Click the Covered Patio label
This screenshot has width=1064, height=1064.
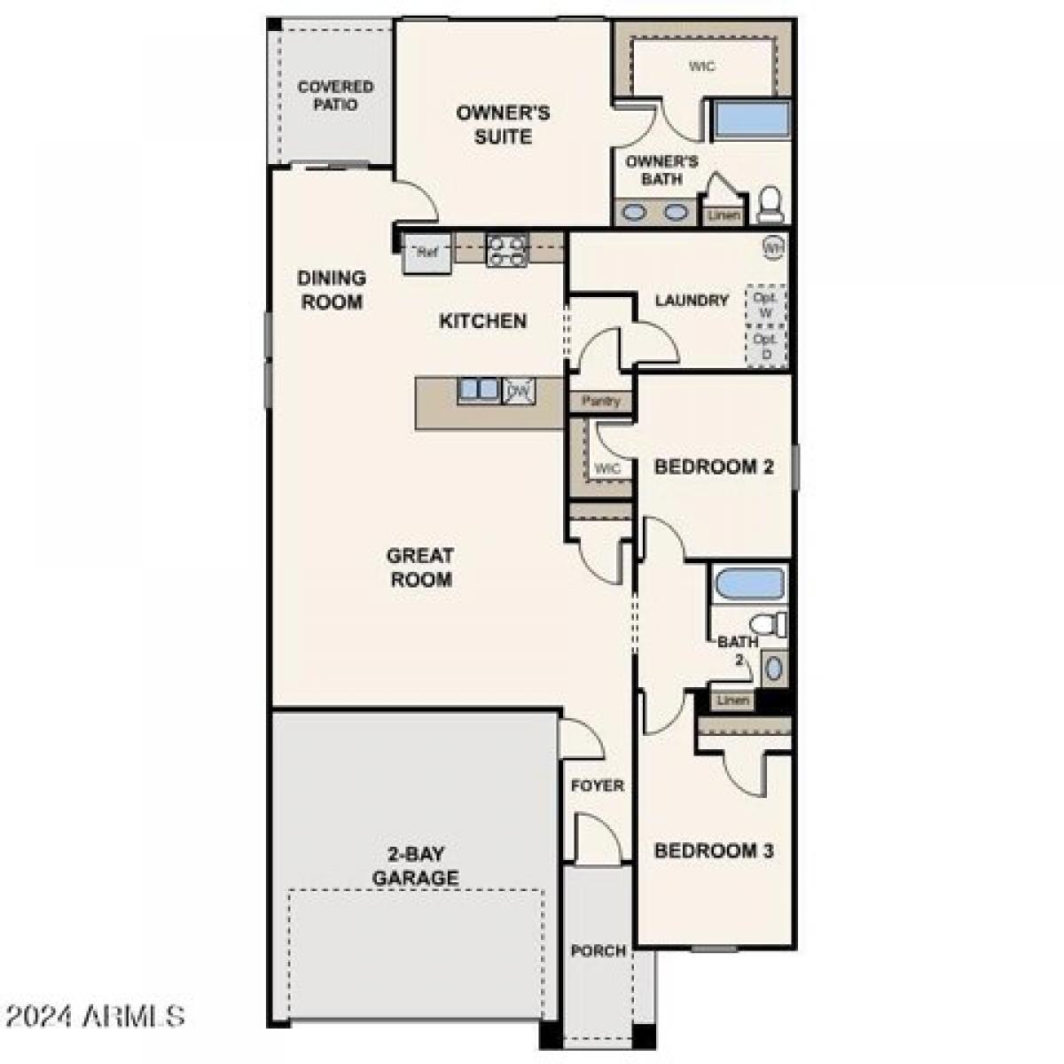[335, 96]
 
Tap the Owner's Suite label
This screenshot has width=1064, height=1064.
[503, 125]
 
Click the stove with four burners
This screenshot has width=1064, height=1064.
[508, 250]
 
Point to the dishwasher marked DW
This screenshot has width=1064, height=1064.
[520, 390]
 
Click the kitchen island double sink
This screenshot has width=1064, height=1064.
[479, 389]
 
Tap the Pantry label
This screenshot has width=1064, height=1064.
[601, 402]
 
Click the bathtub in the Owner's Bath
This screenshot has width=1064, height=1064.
[752, 120]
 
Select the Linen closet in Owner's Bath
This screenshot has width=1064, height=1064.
[724, 215]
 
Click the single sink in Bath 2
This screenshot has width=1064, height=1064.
[774, 668]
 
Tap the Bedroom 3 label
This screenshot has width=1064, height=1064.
[714, 851]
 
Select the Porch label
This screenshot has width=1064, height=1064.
[598, 951]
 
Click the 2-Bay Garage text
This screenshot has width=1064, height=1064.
[415, 866]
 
